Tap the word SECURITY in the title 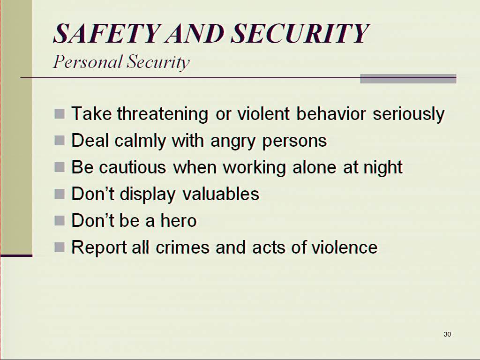point(300,33)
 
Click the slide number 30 point(447,334)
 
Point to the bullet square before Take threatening point(60,113)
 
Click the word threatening point(163,114)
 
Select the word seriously point(409,114)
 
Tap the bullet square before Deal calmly point(60,141)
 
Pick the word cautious point(133,167)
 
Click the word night point(382,167)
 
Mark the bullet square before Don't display point(60,194)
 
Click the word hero point(179,220)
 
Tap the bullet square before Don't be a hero point(60,220)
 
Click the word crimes point(183,247)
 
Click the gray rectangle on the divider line point(408,79)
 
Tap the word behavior point(331,114)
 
